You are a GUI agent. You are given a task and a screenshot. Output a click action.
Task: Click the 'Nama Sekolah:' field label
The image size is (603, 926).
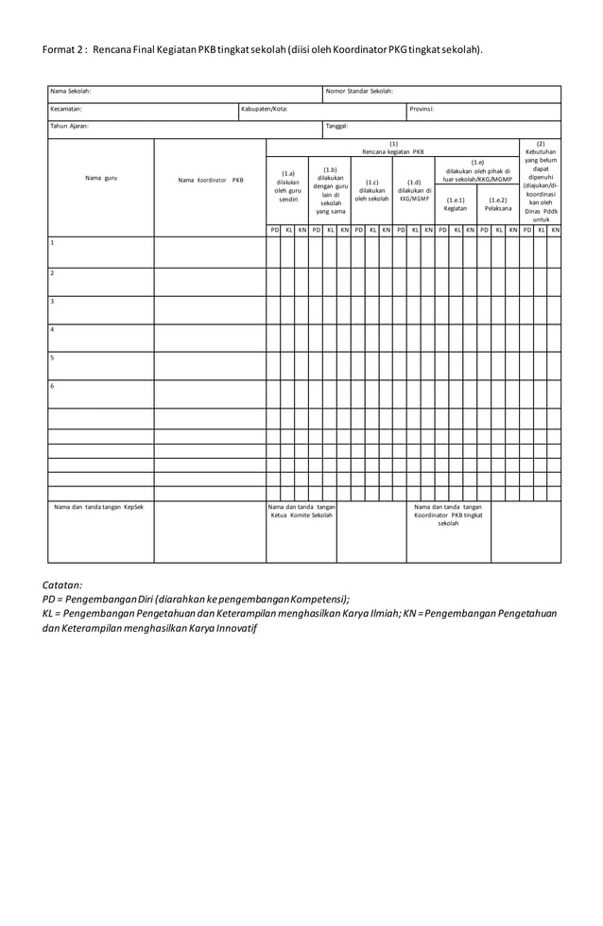[x=71, y=92]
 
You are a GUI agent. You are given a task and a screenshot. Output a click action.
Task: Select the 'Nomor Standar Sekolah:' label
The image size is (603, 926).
[x=359, y=92]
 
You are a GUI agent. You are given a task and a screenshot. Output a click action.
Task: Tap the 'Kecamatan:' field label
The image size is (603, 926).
[x=67, y=109]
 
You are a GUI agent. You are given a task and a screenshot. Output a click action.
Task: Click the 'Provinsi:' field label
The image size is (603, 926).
[x=422, y=109]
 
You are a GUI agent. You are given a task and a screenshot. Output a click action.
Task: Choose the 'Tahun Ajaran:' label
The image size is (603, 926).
[x=70, y=126]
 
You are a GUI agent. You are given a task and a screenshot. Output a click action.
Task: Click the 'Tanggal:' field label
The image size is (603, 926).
[x=337, y=126]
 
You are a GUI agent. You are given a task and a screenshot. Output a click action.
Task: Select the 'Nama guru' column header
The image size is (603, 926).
[x=101, y=178]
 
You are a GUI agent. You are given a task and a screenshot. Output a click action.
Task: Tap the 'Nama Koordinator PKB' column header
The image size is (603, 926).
[x=210, y=179]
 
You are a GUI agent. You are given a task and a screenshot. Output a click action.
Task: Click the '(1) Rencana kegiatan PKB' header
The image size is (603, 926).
[x=393, y=148]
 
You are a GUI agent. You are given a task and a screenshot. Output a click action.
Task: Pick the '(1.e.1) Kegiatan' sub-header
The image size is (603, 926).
[x=456, y=204]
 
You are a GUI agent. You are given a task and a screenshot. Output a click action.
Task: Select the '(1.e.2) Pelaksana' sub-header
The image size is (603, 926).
[x=498, y=204]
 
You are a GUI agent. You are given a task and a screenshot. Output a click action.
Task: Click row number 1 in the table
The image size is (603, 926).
[x=53, y=243]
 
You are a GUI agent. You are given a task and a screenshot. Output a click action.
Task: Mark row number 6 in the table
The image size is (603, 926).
[x=53, y=386]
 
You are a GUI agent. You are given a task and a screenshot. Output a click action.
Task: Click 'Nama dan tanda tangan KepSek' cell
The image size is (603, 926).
[x=99, y=507]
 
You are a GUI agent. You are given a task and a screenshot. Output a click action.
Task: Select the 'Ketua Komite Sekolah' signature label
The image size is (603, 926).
[x=301, y=515]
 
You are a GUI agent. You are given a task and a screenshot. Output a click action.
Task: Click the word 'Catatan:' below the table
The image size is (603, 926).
[x=62, y=585]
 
